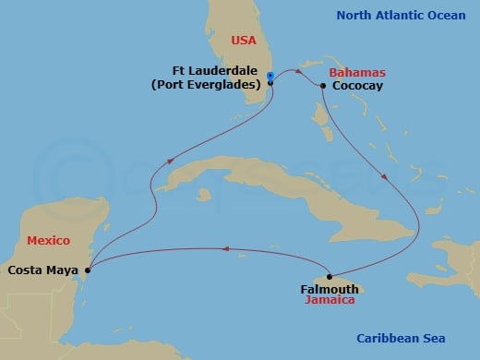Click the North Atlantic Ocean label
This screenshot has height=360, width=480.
point(401,15)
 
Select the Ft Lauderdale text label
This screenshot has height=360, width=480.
point(216,70)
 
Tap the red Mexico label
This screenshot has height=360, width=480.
point(48,240)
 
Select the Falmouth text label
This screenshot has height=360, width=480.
point(330,289)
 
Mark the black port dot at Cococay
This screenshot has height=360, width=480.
point(323,86)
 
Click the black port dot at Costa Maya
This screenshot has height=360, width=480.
point(87,270)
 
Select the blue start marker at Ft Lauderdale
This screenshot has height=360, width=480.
point(269,76)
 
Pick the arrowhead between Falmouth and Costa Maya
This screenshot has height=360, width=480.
point(222,246)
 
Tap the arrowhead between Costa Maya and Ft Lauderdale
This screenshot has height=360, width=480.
point(169,162)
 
